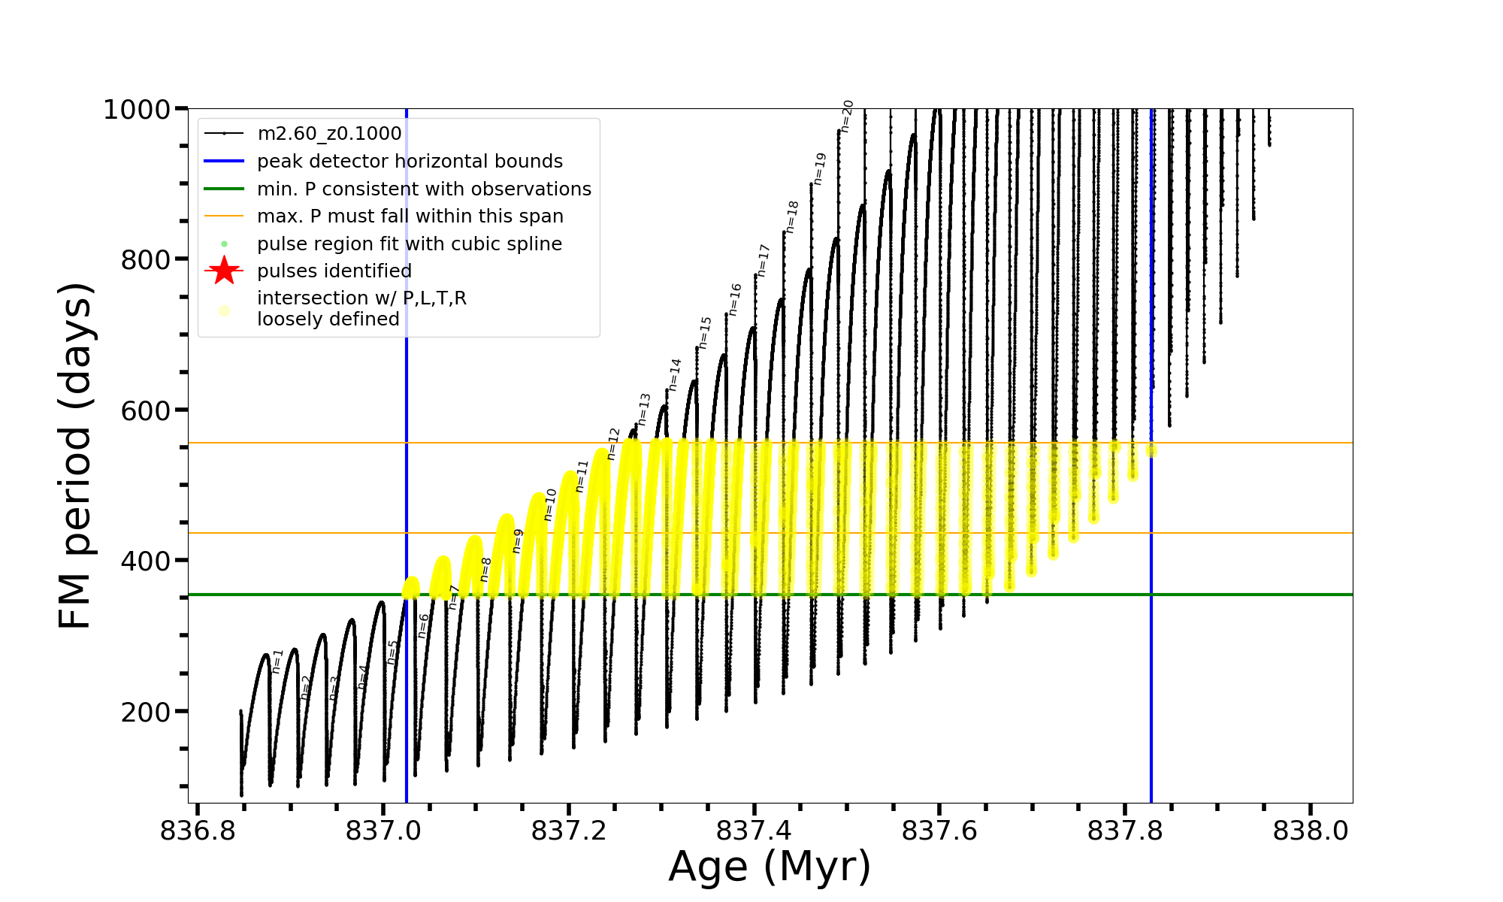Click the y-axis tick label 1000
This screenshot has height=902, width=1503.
137,110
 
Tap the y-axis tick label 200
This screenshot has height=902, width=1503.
146,712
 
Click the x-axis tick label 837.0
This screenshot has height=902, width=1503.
383,831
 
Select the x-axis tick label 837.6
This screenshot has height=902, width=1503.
939,831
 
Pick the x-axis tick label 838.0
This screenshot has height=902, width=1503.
1311,831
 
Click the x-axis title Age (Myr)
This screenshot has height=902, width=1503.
770,867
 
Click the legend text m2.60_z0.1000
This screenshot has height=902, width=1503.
329,134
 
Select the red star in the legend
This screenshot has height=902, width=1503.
224,271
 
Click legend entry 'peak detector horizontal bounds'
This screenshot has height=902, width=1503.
410,162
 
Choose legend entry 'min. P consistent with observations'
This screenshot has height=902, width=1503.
424,189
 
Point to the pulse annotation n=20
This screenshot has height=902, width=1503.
847,117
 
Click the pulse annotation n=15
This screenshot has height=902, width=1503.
705,332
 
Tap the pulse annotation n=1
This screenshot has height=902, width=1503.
277,661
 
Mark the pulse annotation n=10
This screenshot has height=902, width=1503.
550,504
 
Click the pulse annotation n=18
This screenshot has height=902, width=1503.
793,216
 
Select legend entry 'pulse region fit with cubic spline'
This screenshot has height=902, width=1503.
409,244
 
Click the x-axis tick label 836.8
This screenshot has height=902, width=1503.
198,831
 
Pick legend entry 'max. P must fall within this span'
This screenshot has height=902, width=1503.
410,216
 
